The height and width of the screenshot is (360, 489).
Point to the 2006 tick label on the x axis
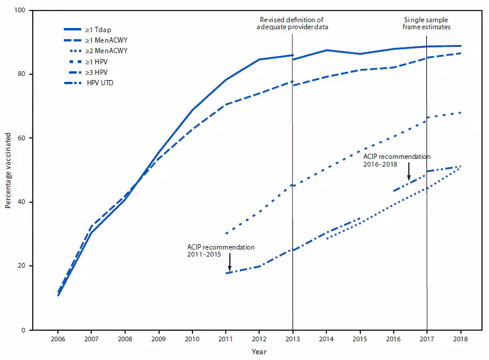point(57,339)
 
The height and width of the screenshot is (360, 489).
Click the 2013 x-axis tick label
point(292,339)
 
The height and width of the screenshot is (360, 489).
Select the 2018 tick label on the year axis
point(460,339)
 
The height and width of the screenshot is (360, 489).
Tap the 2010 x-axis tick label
point(192,339)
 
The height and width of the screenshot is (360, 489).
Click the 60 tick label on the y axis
point(22,139)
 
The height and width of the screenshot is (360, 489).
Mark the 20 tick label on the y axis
point(22,266)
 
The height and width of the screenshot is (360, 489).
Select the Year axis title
point(259,352)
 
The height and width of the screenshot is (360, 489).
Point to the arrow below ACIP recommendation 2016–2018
point(408,173)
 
